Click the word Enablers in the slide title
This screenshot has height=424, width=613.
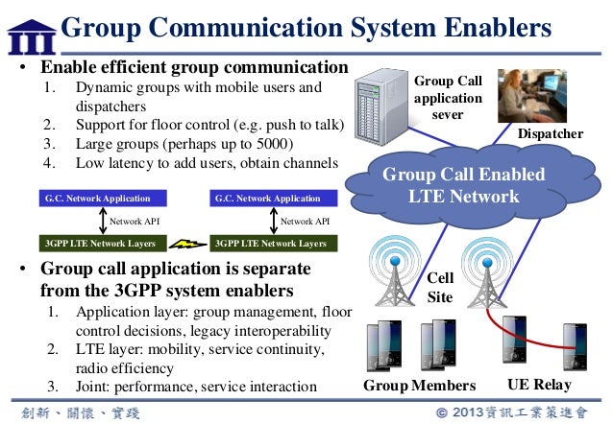[491, 28]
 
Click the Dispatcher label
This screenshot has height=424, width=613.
[551, 134]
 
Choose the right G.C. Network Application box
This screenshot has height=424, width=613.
[268, 199]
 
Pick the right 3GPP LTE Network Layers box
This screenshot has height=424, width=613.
[268, 244]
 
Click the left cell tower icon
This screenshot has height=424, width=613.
[398, 279]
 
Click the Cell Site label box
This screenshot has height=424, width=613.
[439, 288]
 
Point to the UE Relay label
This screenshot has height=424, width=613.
[538, 386]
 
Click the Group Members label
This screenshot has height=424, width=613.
[419, 386]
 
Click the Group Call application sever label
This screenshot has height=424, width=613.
[448, 98]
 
